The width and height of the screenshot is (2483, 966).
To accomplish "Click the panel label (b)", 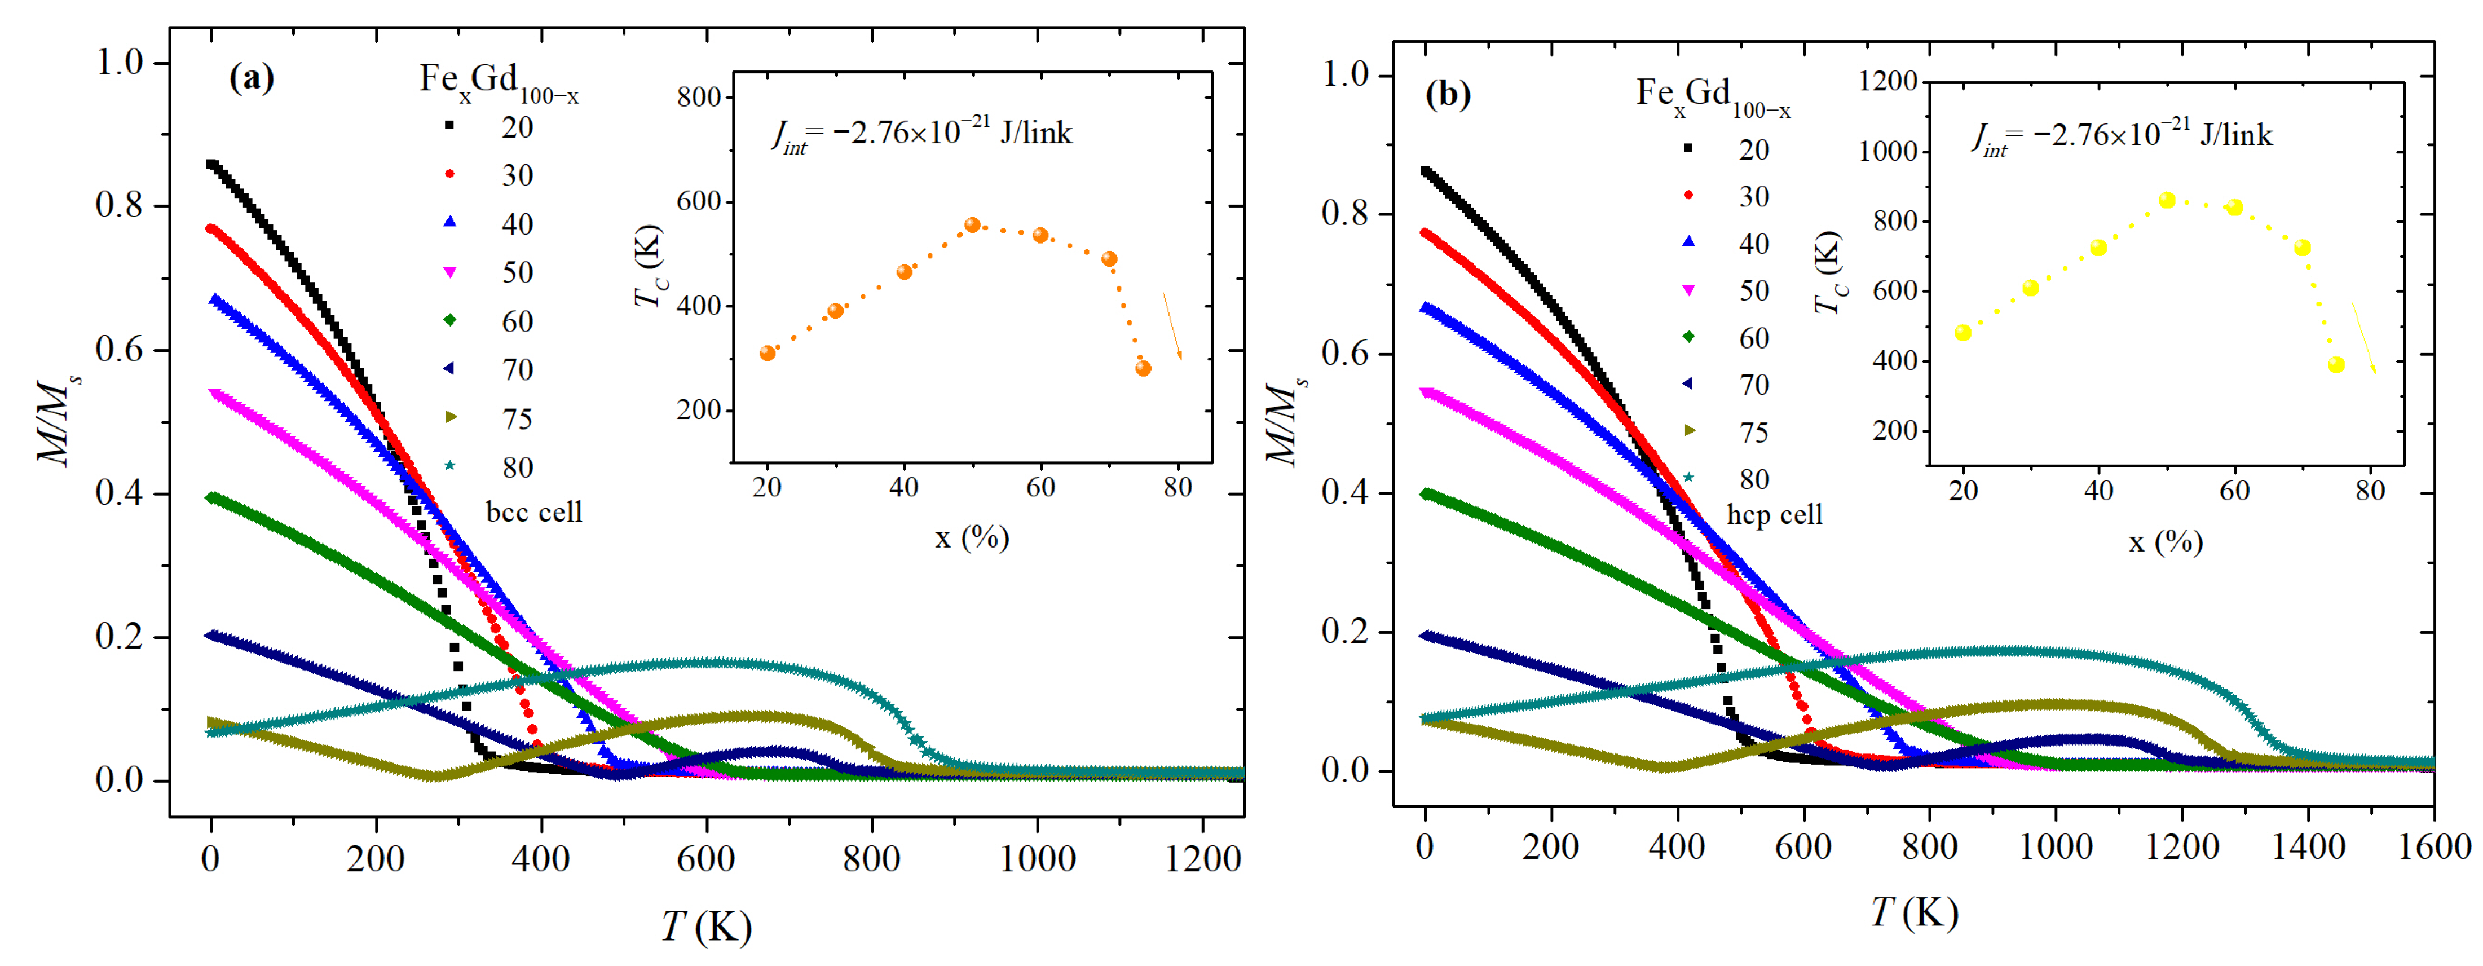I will coord(1448,94).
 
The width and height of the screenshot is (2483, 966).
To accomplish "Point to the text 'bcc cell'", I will coord(534,512).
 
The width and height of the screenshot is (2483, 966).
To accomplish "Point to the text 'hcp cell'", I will coord(1775,515).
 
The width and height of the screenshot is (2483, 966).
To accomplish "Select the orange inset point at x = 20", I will coord(768,354).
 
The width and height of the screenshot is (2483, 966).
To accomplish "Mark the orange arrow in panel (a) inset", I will coord(1172,326).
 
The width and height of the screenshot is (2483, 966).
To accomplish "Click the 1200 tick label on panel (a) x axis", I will coord(1202,858).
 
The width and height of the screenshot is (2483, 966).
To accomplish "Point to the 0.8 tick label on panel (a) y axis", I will coord(120,205).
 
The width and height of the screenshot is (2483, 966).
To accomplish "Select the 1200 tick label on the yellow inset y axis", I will coord(1887,81).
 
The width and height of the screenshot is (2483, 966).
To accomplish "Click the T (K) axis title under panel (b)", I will coord(1915,912).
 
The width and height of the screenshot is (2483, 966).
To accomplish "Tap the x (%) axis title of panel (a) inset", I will coord(972,537).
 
